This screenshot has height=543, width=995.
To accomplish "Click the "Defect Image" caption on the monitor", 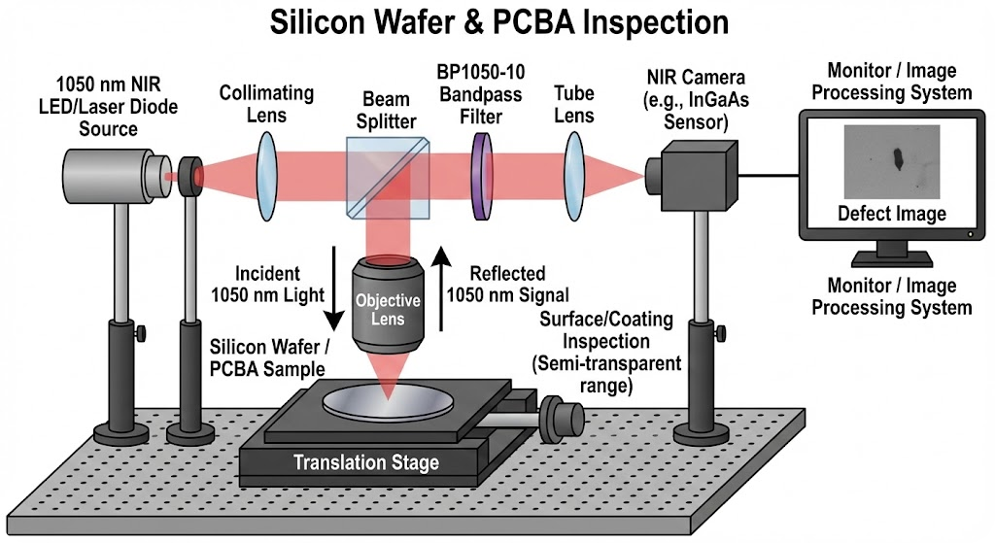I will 891,214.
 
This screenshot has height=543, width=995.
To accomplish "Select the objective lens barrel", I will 387,304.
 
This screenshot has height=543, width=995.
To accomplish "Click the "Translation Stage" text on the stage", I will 366,463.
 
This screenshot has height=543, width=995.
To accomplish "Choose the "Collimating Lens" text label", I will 266,104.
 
